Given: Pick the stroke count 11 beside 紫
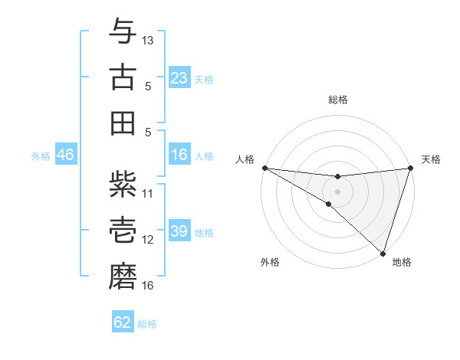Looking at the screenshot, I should click(148, 193).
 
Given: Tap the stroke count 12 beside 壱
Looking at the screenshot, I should click(148, 240).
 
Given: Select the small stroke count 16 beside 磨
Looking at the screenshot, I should click(148, 286).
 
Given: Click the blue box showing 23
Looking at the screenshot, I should click(179, 78).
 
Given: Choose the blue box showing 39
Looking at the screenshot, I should click(179, 232).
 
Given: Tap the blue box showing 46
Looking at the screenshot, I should click(65, 155).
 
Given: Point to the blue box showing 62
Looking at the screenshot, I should click(123, 322).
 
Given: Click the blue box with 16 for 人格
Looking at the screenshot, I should click(179, 155).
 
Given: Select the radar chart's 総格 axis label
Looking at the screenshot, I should click(338, 100).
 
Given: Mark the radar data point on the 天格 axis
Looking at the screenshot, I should click(411, 169).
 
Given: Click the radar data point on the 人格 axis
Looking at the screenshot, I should click(264, 168).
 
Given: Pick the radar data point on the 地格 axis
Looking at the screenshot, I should click(383, 252).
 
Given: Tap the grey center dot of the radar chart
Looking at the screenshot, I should click(337, 191).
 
